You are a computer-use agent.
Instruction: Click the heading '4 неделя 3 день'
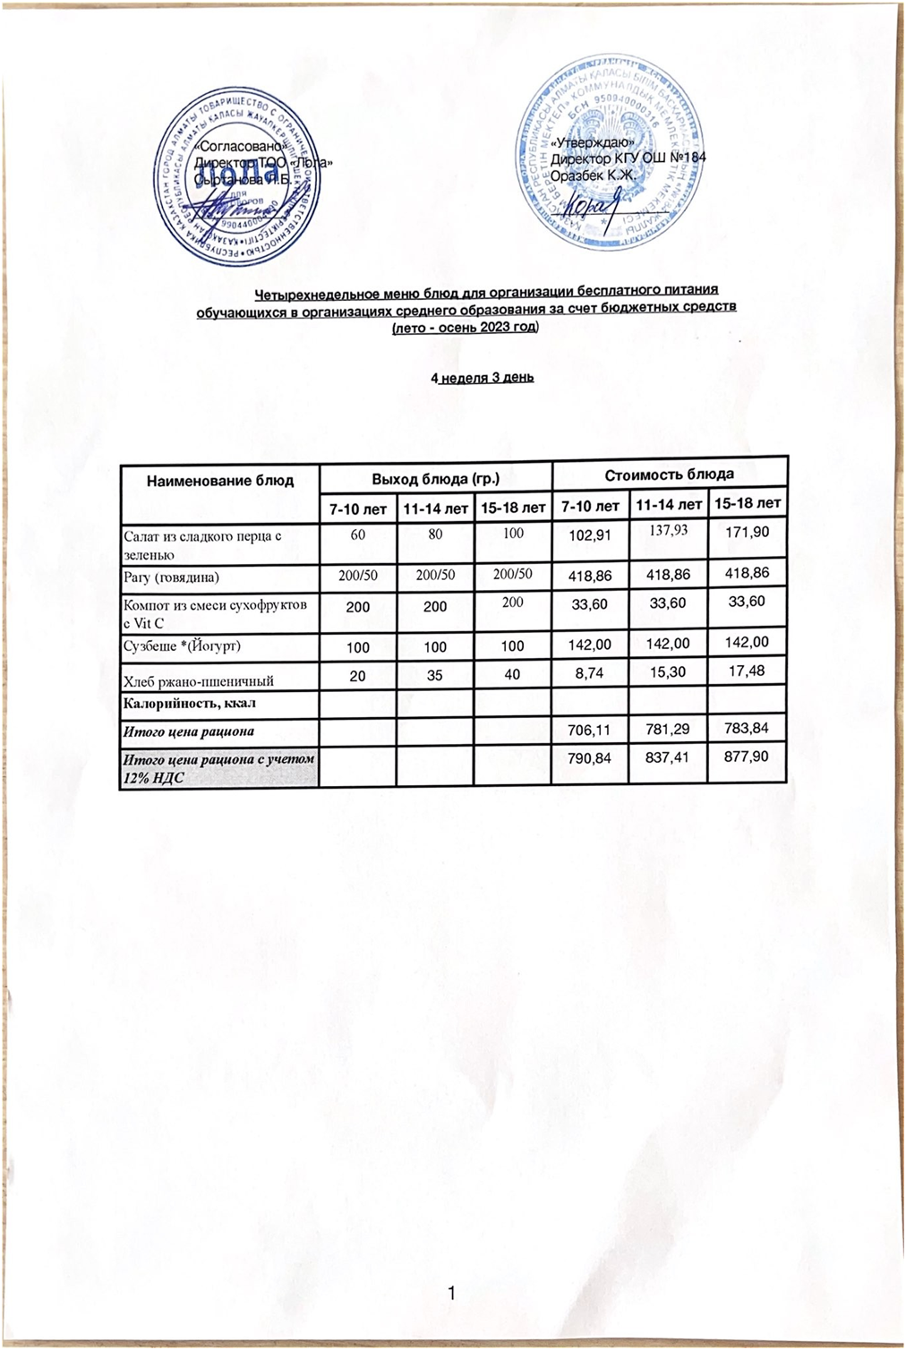click(483, 378)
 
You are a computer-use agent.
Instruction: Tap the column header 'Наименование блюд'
click(220, 481)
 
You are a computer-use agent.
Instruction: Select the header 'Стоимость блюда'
click(670, 474)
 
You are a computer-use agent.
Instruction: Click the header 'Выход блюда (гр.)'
click(435, 479)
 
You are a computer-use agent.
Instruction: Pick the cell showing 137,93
click(669, 530)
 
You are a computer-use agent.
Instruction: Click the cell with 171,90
click(748, 532)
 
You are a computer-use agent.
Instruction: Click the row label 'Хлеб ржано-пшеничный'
click(199, 680)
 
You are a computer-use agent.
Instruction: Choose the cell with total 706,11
click(589, 730)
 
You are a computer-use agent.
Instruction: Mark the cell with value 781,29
click(669, 730)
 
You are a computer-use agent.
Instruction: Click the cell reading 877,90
click(748, 756)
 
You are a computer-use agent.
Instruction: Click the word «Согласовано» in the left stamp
click(239, 146)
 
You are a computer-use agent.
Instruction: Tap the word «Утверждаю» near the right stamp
click(593, 142)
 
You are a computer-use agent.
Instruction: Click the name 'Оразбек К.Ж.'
click(593, 175)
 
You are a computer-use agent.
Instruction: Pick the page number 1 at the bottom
click(452, 1293)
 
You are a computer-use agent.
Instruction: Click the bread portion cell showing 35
click(434, 675)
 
